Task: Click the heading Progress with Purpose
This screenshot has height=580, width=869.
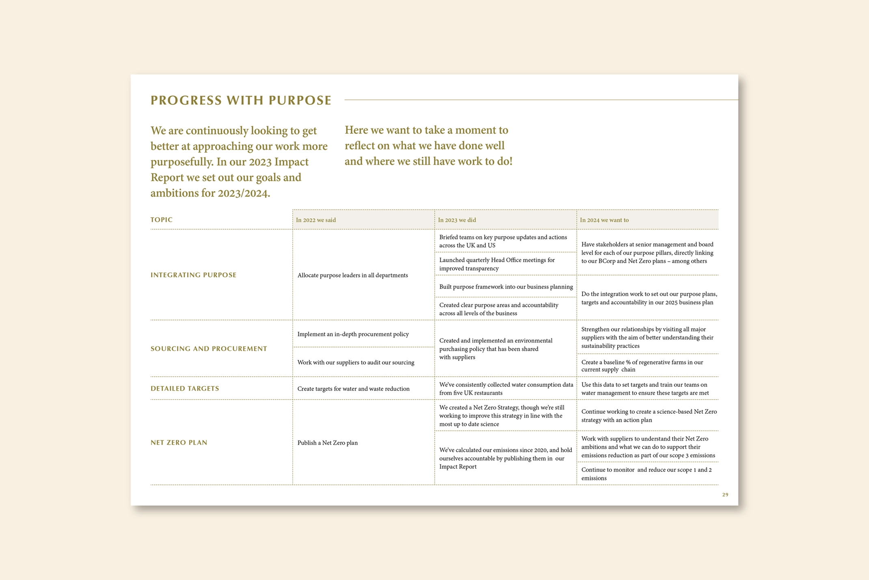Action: [241, 100]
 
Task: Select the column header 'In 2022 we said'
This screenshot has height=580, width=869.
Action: [316, 220]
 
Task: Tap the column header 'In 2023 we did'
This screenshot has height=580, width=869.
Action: [457, 220]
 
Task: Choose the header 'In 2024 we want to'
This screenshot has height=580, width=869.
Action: [604, 220]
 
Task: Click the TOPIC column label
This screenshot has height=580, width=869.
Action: [162, 220]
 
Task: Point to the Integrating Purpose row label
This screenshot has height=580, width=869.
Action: [193, 275]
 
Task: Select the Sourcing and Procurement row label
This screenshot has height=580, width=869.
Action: [209, 349]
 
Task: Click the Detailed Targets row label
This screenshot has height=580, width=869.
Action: [185, 389]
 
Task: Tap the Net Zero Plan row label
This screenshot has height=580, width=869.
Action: [179, 443]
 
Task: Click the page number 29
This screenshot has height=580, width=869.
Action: [725, 495]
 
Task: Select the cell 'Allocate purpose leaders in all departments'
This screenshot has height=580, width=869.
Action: [352, 275]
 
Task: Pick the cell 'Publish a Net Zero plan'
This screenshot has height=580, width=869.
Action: [327, 443]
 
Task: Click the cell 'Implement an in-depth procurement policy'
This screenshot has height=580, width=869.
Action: [353, 334]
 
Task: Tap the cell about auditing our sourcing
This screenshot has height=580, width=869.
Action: [356, 363]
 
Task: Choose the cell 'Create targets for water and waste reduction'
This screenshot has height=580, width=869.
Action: [353, 389]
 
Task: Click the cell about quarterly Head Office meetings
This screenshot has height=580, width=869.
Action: [497, 264]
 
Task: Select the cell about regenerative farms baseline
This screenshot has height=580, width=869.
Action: [642, 366]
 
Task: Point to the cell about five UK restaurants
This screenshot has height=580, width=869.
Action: [506, 389]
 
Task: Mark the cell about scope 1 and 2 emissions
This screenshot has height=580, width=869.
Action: [646, 474]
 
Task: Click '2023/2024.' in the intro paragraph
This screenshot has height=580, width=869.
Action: [244, 193]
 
